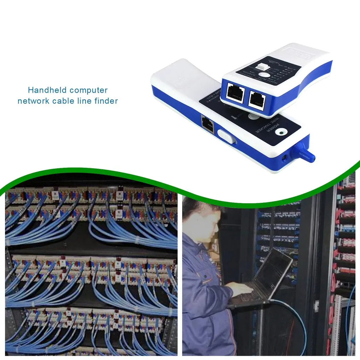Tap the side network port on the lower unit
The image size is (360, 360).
tap(207, 124)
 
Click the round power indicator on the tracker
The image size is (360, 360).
tap(282, 133)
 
